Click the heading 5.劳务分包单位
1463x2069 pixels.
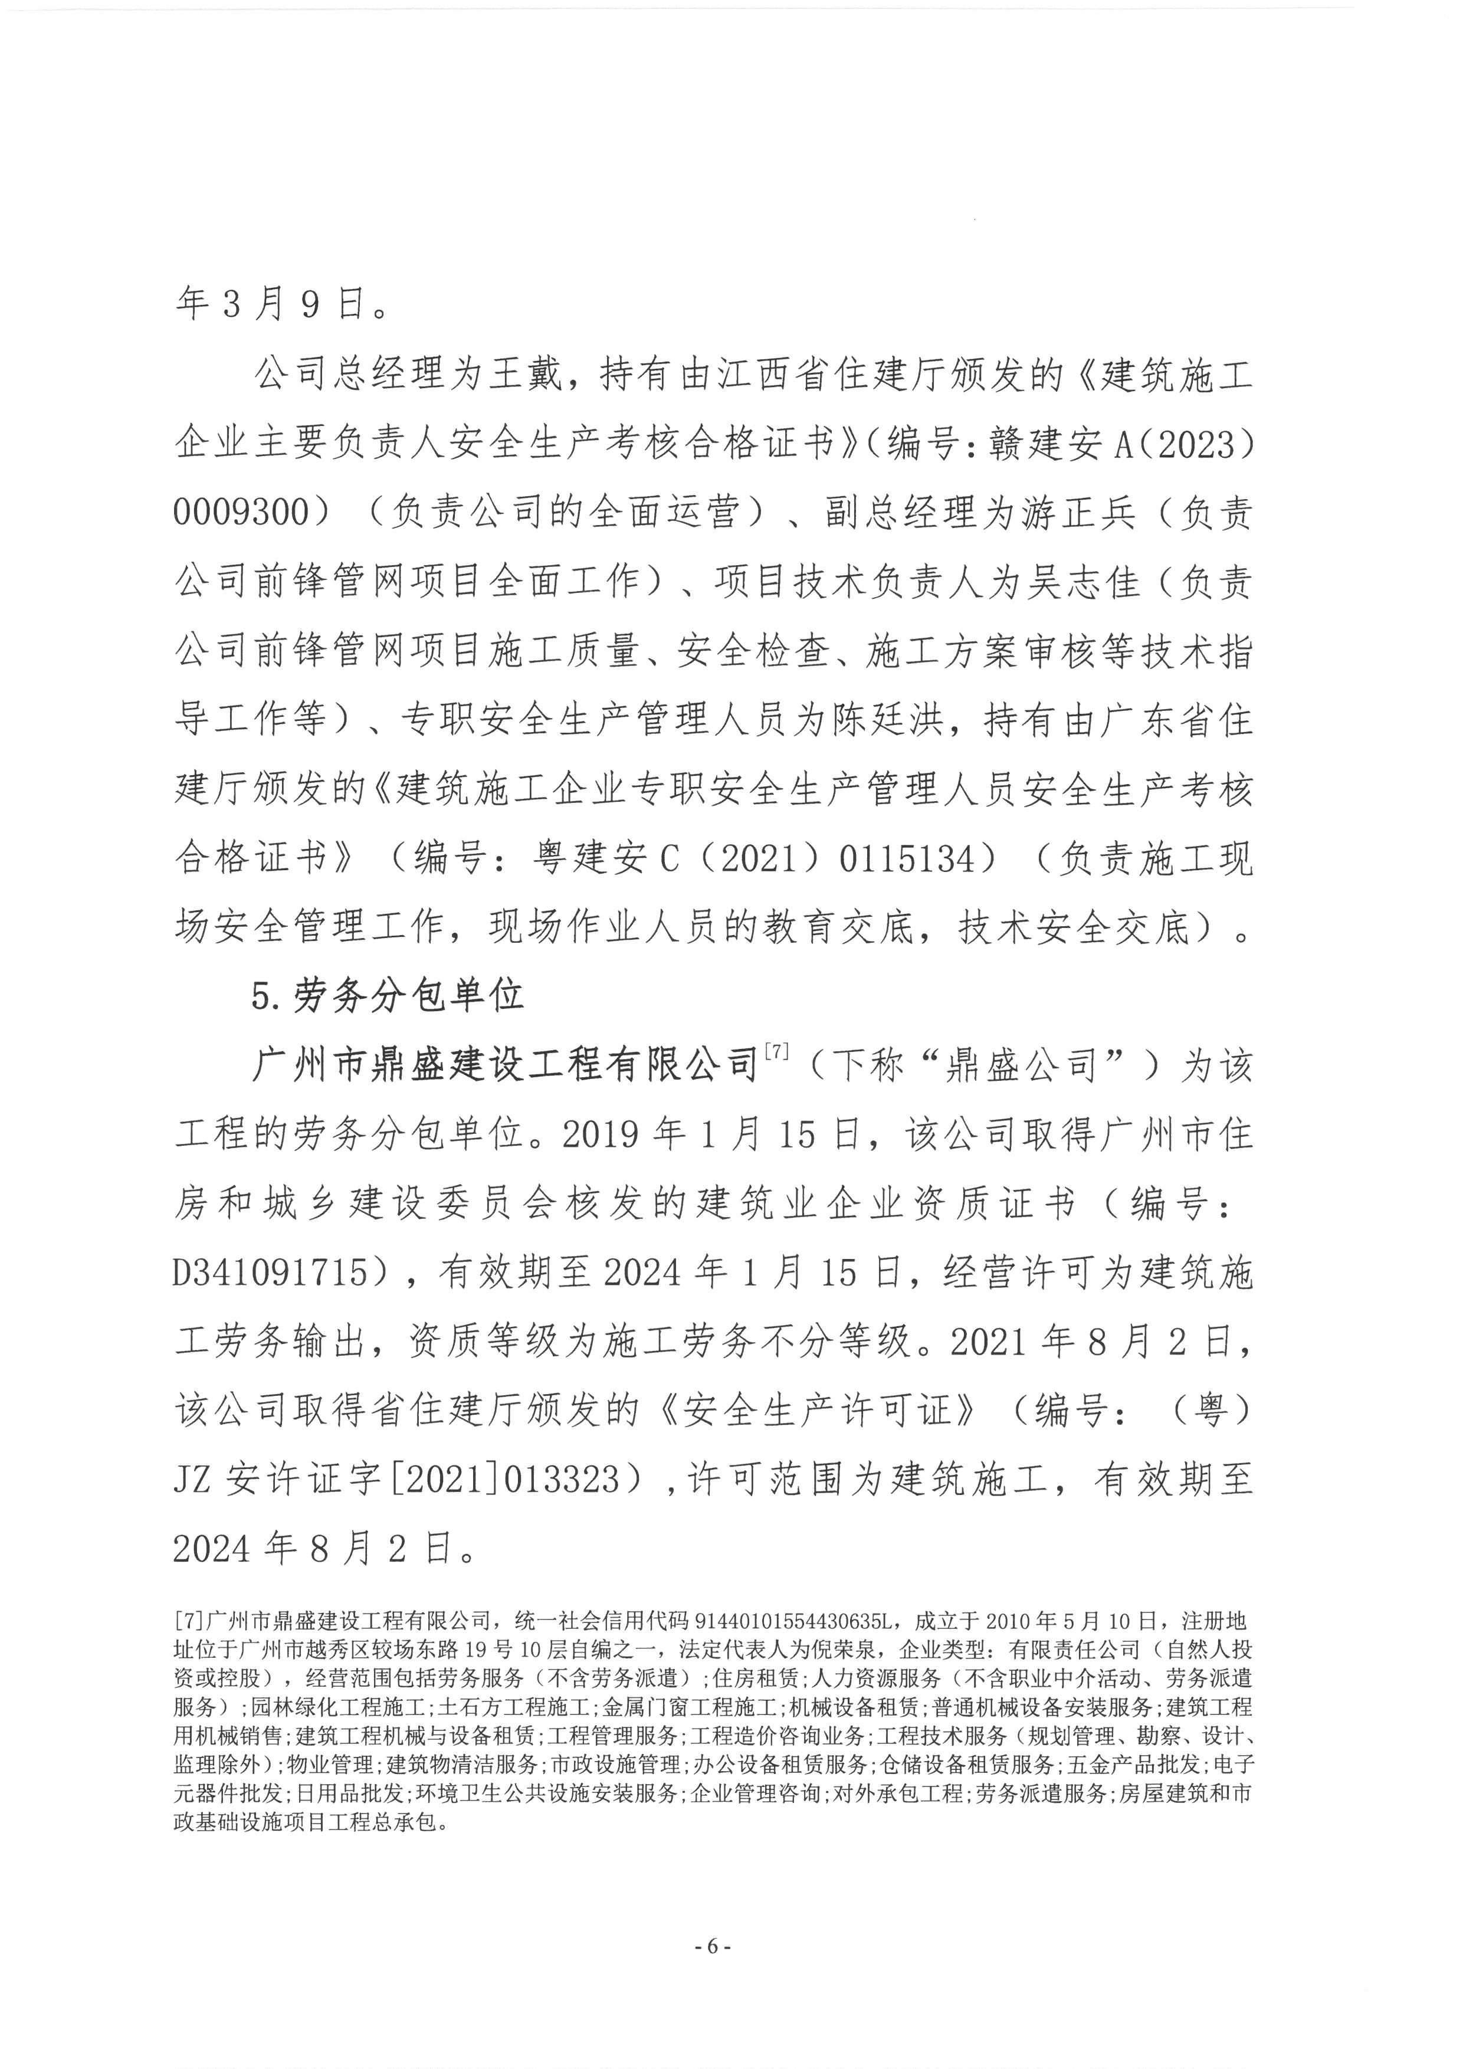[x=388, y=996]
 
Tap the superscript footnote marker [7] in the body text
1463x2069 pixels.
[x=776, y=1052]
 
